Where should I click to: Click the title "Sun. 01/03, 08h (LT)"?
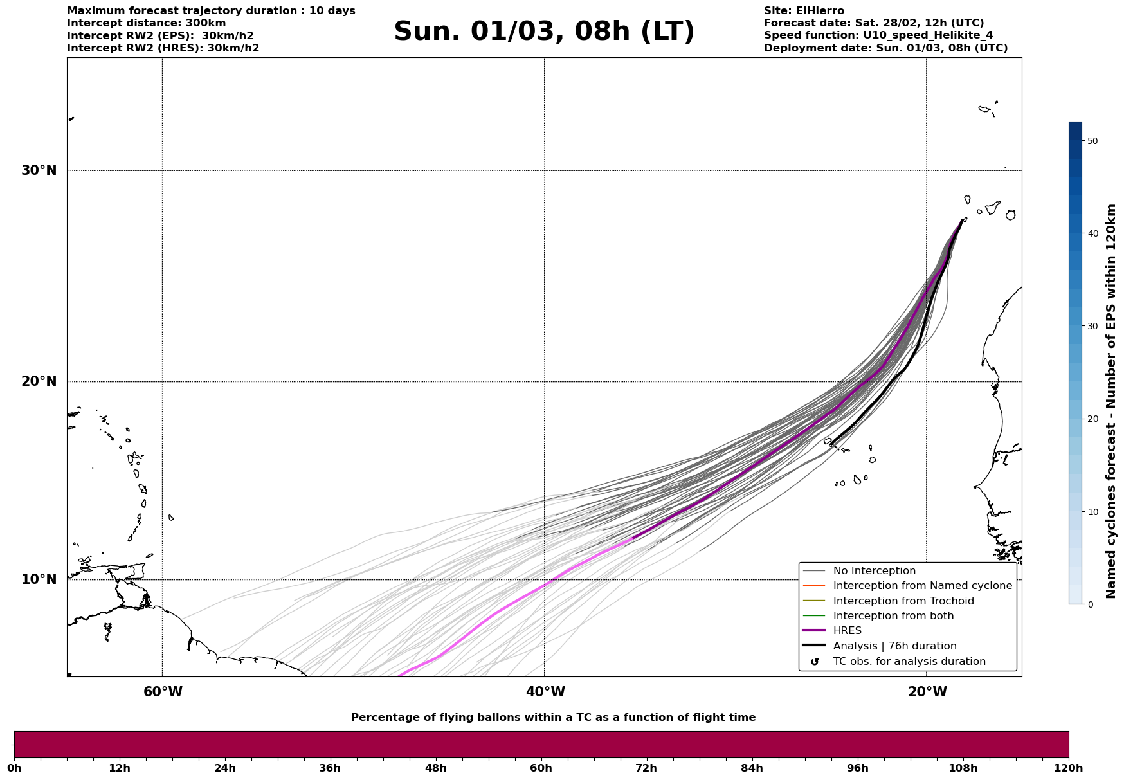(544, 32)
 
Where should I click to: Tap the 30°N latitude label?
(39, 170)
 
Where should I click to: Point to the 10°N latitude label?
(39, 579)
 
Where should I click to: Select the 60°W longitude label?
(163, 692)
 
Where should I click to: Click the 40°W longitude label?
(545, 692)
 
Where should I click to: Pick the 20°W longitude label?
(927, 692)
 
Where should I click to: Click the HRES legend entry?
(847, 631)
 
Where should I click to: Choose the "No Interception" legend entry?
(874, 571)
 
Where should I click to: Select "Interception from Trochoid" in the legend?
(903, 601)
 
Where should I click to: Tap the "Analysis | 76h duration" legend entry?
(894, 646)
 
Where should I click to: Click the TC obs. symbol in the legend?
(815, 662)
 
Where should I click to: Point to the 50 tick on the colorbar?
(1092, 141)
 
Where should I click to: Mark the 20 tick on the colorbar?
(1092, 419)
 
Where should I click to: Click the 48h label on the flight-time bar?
(435, 768)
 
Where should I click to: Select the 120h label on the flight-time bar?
(1068, 768)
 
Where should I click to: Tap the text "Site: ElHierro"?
(804, 11)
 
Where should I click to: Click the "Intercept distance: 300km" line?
(146, 23)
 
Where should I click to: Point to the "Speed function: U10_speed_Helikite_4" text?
(878, 35)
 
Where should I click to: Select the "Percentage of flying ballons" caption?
(553, 718)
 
